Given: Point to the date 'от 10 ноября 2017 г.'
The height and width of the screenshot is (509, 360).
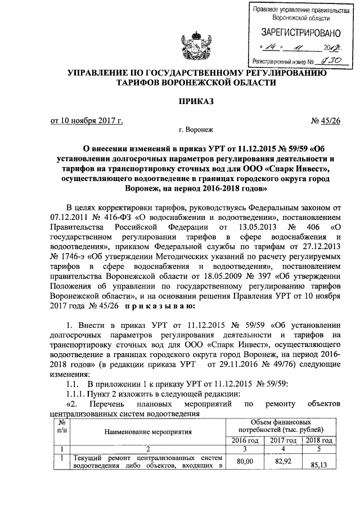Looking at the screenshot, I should (x=87, y=120).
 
